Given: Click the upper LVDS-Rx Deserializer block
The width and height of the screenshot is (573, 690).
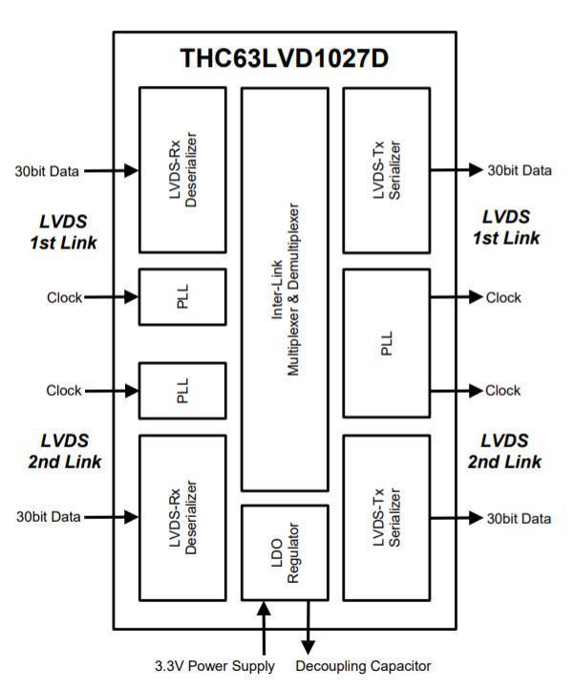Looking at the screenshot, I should (x=182, y=170).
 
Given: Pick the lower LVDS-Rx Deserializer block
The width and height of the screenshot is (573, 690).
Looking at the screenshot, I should (x=182, y=518).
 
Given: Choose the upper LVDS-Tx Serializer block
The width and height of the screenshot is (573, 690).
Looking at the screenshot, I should (x=385, y=170).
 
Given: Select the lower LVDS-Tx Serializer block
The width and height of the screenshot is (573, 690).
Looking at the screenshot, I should (x=385, y=518).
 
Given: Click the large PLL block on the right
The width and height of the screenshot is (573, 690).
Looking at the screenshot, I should (x=385, y=343).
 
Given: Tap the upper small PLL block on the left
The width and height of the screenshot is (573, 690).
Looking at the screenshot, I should (x=182, y=297).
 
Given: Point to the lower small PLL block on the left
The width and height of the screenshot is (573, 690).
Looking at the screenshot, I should (x=182, y=390).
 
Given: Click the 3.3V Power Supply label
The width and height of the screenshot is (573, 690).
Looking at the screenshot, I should (x=215, y=665).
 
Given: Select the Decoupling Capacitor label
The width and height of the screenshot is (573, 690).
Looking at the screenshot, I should (x=364, y=665).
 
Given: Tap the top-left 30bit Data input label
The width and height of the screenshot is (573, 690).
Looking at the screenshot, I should (x=47, y=171).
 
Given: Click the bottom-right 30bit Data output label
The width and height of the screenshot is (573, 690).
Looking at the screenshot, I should (x=520, y=518).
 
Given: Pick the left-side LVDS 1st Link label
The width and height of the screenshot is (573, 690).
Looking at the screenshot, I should (x=63, y=230).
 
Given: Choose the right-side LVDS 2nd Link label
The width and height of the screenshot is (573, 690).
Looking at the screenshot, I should (x=504, y=451).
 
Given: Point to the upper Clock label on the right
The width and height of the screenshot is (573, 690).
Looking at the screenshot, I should (x=503, y=297).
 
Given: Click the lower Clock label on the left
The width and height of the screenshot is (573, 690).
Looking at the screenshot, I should (x=64, y=390).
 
